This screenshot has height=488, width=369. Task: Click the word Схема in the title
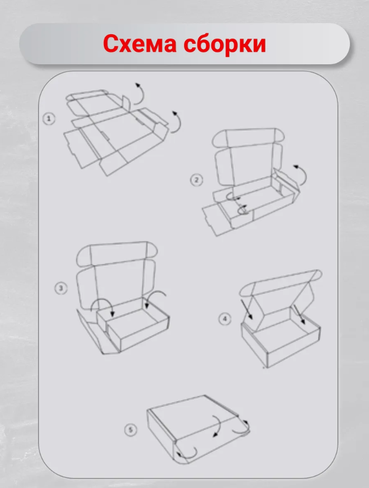[139, 44]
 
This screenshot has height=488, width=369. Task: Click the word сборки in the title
[225, 43]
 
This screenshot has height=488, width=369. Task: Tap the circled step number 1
[49, 119]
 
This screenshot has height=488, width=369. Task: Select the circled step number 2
[196, 180]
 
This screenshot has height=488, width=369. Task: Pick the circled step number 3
[61, 288]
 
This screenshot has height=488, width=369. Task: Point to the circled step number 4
[225, 319]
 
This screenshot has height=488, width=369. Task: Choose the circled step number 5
[130, 430]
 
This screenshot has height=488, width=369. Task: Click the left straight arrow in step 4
[247, 309]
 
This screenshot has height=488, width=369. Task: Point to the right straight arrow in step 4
[299, 314]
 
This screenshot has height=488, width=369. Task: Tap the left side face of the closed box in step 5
[161, 434]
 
